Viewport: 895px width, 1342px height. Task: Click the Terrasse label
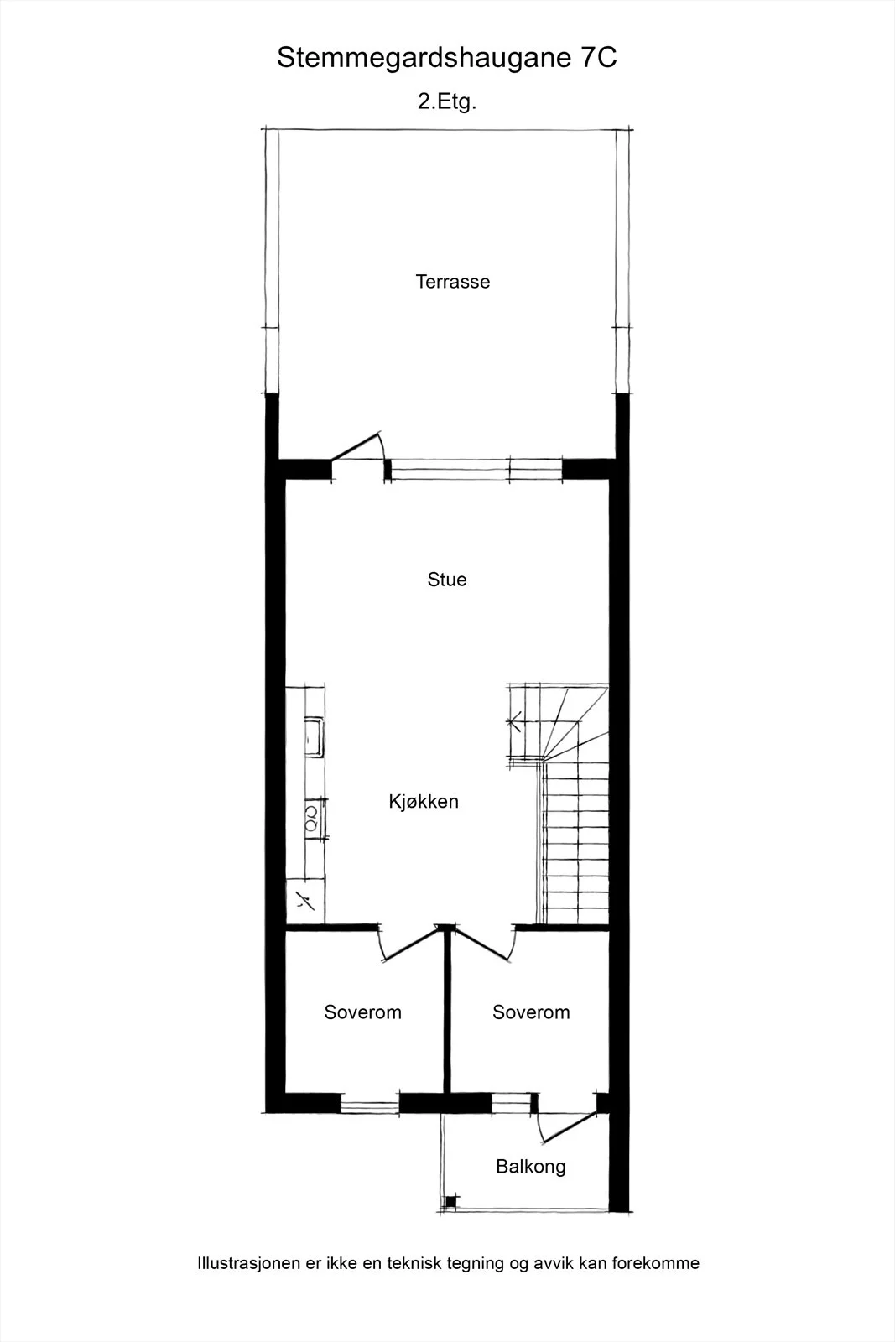pos(453,282)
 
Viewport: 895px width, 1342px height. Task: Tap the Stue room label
pos(447,580)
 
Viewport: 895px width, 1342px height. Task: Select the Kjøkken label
pos(424,802)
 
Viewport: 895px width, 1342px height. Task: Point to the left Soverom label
pos(362,1012)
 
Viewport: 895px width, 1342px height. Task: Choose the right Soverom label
pos(531,1012)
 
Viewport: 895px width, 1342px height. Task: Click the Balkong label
pos(531,1166)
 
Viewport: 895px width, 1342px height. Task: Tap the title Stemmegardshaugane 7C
pos(447,58)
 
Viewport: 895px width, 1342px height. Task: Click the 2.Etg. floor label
pos(447,101)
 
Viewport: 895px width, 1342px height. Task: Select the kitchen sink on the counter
pos(314,736)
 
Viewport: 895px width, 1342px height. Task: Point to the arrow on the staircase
pos(514,720)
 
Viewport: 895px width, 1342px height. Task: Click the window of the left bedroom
pos(370,1103)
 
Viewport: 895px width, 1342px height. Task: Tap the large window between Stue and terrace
pos(476,469)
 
